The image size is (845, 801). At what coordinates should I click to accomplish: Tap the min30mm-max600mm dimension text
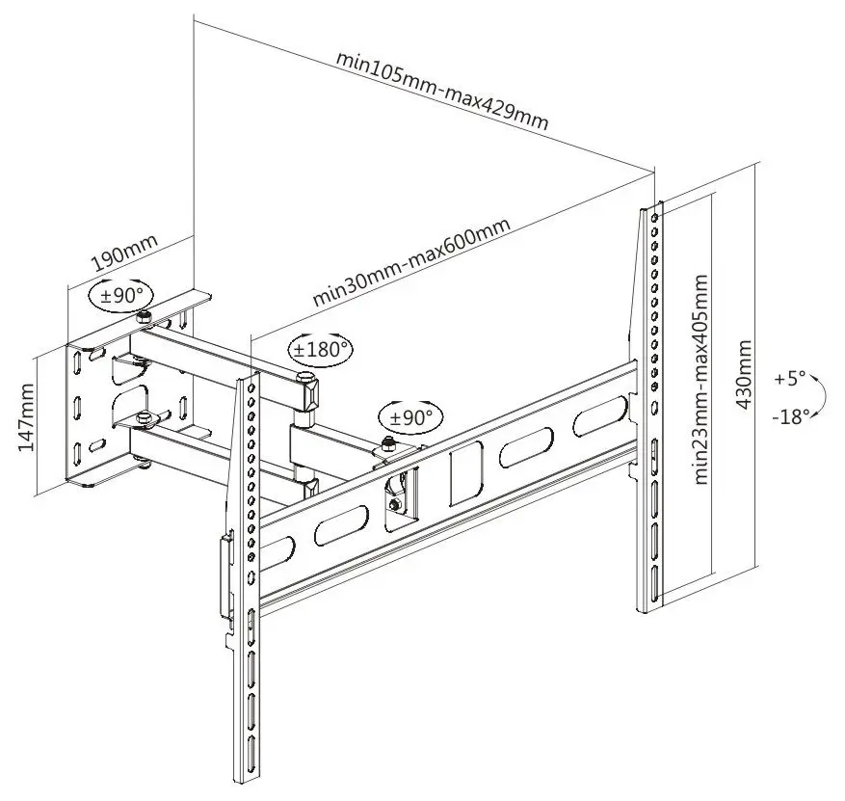click(410, 263)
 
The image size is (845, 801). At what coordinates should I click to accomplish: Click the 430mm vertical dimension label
click(745, 373)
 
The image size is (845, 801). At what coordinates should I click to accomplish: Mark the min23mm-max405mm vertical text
click(701, 380)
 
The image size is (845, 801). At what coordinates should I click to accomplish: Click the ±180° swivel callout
click(321, 349)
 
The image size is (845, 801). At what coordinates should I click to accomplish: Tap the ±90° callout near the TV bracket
click(412, 417)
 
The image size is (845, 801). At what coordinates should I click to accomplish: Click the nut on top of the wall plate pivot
click(143, 317)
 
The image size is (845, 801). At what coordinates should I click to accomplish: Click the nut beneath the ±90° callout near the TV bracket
click(388, 444)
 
